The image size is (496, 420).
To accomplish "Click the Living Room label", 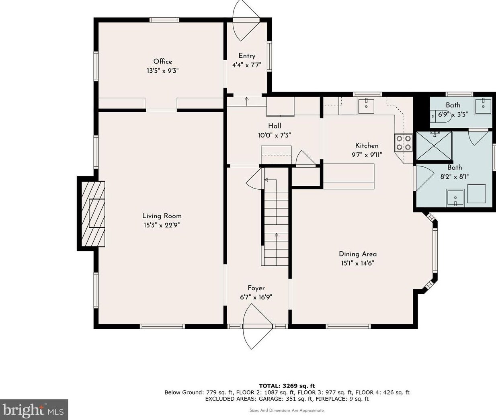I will coord(162,216).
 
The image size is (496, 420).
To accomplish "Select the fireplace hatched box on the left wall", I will coord(93,213).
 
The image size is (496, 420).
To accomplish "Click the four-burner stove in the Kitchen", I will coord(404,142).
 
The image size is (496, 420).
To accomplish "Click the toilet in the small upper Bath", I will coord(440,115).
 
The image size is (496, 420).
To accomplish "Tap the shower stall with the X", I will coord(434,146).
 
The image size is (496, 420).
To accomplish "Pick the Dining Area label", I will coord(358,254).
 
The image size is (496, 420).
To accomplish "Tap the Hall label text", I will coord(275,126).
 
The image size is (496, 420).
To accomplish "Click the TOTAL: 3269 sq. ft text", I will coord(287,386).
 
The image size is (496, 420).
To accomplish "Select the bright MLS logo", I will coord(34,410).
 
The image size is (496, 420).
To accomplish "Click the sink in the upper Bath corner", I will coord(482,106).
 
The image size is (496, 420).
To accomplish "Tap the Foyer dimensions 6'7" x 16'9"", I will coord(256,297).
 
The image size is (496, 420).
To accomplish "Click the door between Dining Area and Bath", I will coord(420,178).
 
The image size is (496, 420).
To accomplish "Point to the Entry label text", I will coord(247,56).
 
